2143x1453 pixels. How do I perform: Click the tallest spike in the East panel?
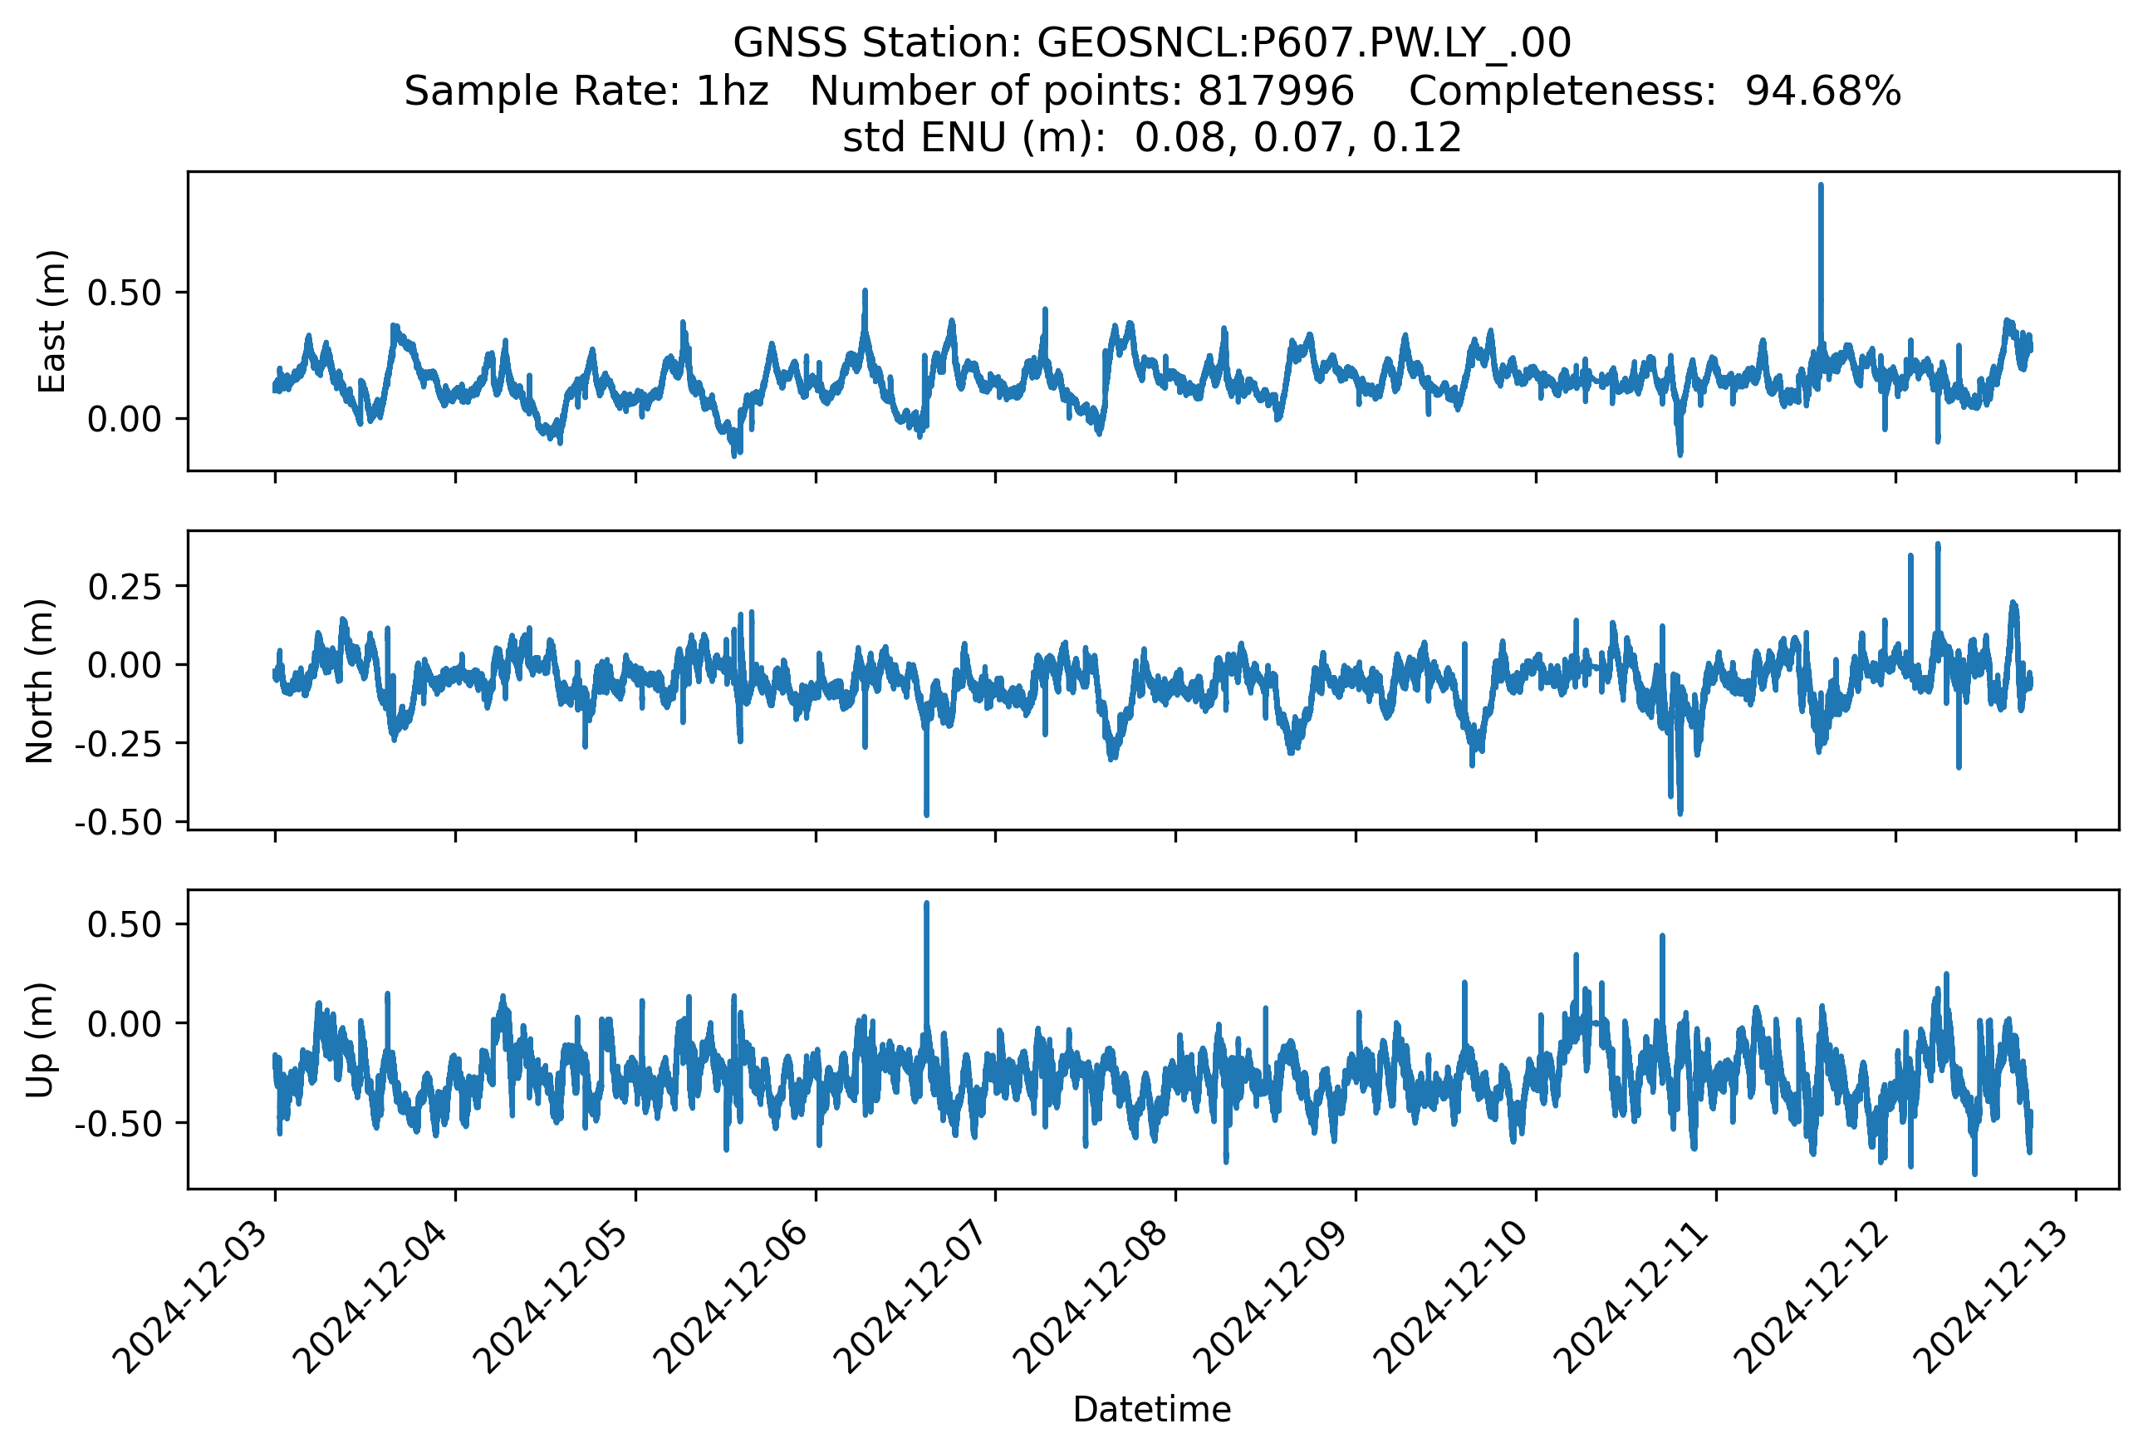coord(1820,268)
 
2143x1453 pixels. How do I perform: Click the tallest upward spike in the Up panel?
coord(927,968)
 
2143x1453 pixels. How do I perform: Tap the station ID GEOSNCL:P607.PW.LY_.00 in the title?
coord(1304,42)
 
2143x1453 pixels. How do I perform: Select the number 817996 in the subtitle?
coord(1275,91)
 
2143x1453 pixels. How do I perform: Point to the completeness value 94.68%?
coord(1822,91)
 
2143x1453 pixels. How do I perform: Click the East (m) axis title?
coord(51,321)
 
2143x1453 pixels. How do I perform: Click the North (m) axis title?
coord(40,681)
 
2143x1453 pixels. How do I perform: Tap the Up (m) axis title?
coord(40,1040)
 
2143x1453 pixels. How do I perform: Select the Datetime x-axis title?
coord(1152,1410)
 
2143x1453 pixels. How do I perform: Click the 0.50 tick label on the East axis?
coord(125,293)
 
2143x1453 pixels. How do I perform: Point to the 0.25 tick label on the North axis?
coord(125,586)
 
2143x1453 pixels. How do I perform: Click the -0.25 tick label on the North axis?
coord(118,744)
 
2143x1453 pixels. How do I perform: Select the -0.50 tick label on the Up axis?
coord(118,1124)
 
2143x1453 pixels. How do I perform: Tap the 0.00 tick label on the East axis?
coord(125,420)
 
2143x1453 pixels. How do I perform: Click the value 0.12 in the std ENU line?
coord(1416,137)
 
